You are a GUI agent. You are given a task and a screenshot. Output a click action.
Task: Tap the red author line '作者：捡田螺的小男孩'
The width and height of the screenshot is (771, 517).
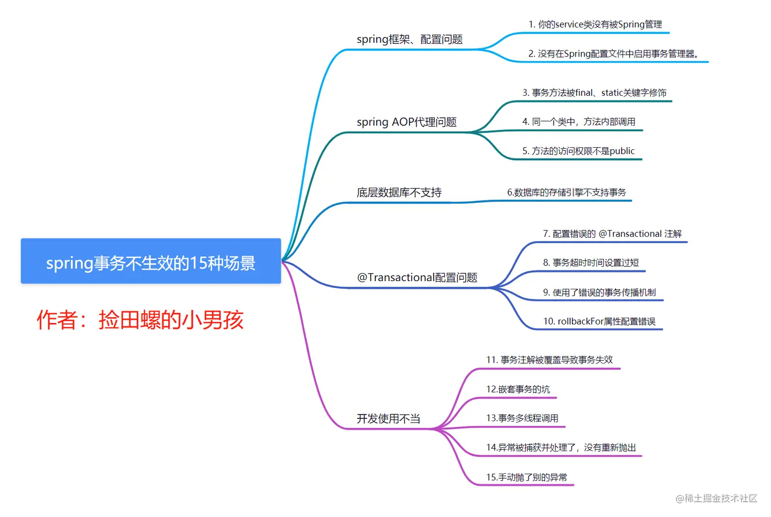140,320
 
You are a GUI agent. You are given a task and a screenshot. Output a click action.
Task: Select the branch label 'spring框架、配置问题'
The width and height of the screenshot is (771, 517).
409,39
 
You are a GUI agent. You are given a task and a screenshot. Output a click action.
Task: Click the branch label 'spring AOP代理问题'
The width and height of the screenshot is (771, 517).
406,122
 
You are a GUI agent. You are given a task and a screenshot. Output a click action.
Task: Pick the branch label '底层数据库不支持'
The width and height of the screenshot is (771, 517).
399,193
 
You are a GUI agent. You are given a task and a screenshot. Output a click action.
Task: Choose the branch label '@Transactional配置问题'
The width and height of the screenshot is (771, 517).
417,278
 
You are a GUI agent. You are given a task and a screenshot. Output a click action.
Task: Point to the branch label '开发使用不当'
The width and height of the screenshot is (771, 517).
388,419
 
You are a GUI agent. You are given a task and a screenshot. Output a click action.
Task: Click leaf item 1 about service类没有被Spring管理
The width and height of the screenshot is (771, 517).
595,24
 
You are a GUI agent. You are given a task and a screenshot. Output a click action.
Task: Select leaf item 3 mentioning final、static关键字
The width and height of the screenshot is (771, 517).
594,93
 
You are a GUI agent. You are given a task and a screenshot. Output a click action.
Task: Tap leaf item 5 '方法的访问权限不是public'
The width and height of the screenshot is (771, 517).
578,151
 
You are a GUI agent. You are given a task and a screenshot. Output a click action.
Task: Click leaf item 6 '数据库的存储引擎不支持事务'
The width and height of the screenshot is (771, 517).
567,193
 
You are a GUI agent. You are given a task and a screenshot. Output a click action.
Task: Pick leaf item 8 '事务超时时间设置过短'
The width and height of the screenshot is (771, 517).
590,263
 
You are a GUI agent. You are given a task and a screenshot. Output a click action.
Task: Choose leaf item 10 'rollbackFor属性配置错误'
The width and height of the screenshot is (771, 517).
599,321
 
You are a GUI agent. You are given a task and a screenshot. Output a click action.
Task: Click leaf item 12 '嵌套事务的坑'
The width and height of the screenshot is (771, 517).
518,389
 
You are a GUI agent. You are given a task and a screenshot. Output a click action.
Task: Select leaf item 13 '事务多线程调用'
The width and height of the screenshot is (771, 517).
522,418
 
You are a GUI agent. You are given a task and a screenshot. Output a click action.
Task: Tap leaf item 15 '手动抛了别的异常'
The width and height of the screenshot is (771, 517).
526,477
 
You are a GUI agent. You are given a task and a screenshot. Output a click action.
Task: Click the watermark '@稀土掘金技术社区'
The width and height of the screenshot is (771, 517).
716,498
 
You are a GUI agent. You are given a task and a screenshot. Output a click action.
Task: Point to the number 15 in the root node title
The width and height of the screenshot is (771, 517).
198,263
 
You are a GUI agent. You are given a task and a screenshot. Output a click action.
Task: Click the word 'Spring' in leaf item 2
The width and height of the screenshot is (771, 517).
577,54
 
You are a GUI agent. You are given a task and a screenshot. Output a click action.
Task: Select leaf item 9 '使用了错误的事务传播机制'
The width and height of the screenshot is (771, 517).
599,292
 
